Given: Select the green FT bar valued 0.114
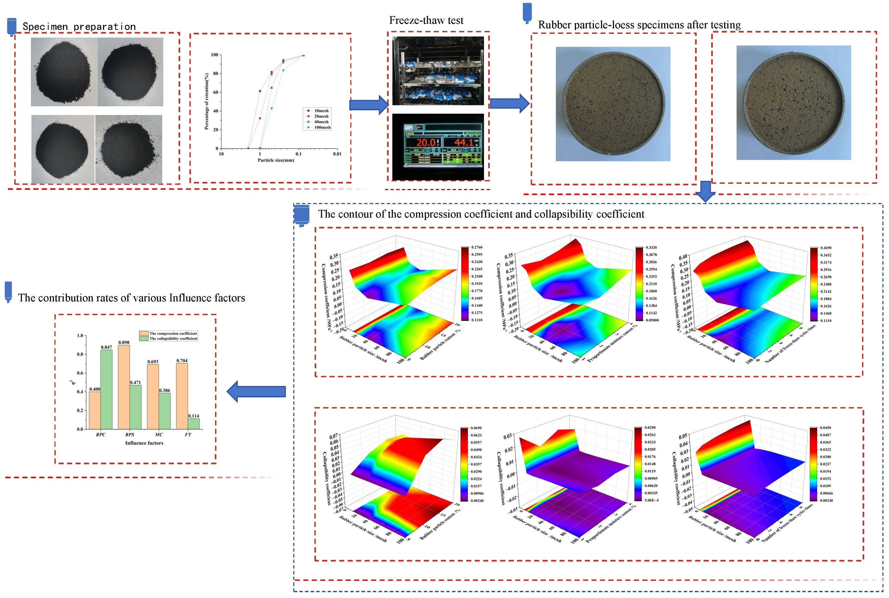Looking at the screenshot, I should tap(194, 424).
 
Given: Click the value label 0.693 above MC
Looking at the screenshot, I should tap(153, 362).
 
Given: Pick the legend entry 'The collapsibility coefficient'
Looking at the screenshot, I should tap(173, 339).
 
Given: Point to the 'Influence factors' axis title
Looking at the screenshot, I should tap(144, 443).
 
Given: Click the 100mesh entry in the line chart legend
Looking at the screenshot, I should tap(322, 127).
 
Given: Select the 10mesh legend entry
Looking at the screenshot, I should tap(321, 111).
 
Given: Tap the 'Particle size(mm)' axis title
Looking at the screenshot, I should tap(276, 160).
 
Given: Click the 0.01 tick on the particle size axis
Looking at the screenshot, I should tap(337, 154).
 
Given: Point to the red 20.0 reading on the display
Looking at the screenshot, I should tap(426, 143).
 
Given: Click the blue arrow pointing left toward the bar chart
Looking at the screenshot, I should tap(256, 391).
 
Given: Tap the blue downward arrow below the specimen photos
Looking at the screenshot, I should tap(705, 191).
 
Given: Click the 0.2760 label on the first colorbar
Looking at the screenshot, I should tap(477, 247).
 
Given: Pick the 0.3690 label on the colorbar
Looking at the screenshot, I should tap(826, 248).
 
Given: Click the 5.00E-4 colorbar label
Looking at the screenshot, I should tap(651, 500).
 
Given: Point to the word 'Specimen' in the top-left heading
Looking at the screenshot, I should tap(45, 27).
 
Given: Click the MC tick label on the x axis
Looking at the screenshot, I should tap(159, 434).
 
